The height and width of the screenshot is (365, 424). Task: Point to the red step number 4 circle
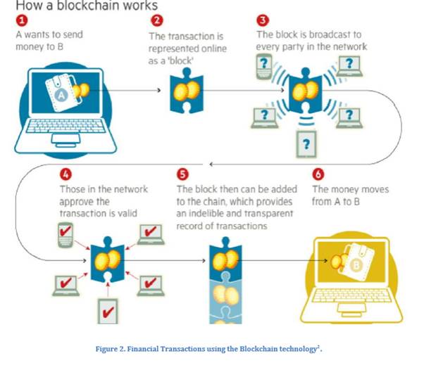(69, 174)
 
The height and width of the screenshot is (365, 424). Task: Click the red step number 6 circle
(318, 174)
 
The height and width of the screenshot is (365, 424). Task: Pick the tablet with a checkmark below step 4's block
(107, 308)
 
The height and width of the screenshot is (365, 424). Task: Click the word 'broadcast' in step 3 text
(323, 34)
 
